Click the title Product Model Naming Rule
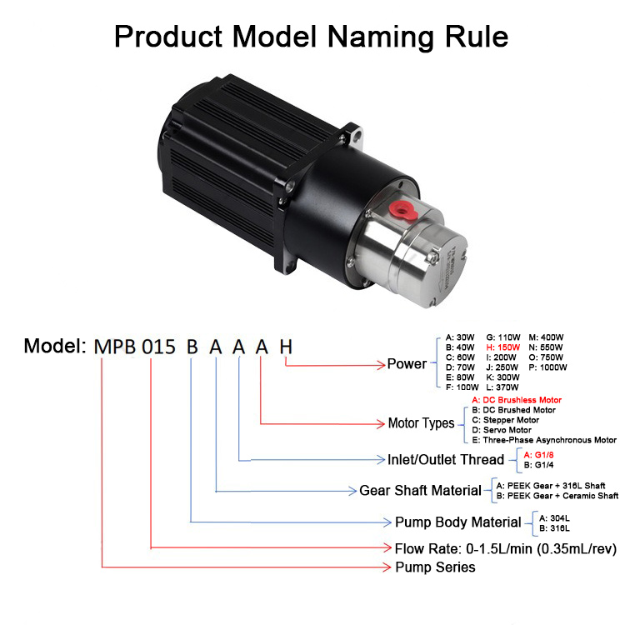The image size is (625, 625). pos(312,36)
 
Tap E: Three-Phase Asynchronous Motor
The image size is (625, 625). pos(544,440)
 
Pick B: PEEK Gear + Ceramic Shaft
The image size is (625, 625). pos(557,496)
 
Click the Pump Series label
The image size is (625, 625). pos(435,567)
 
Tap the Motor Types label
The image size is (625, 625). pos(421,423)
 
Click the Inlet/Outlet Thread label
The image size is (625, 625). pos(446,459)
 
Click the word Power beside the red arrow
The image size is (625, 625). pos(407,364)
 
